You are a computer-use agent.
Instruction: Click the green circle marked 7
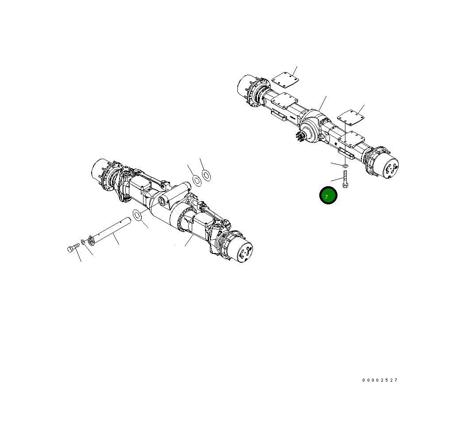pyautogui.click(x=329, y=196)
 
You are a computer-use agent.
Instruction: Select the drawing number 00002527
pyautogui.click(x=380, y=380)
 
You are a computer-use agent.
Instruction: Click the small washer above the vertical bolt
pyautogui.click(x=345, y=165)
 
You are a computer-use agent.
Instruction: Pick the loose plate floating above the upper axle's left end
pyautogui.click(x=285, y=81)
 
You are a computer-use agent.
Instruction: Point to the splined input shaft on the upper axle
pyautogui.click(x=301, y=137)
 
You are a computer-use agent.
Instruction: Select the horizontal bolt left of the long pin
pyautogui.click(x=72, y=249)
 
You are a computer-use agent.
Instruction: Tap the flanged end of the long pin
pyautogui.click(x=90, y=240)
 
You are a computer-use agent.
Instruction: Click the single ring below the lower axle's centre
pyautogui.click(x=137, y=215)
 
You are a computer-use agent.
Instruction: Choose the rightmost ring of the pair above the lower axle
pyautogui.click(x=206, y=176)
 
